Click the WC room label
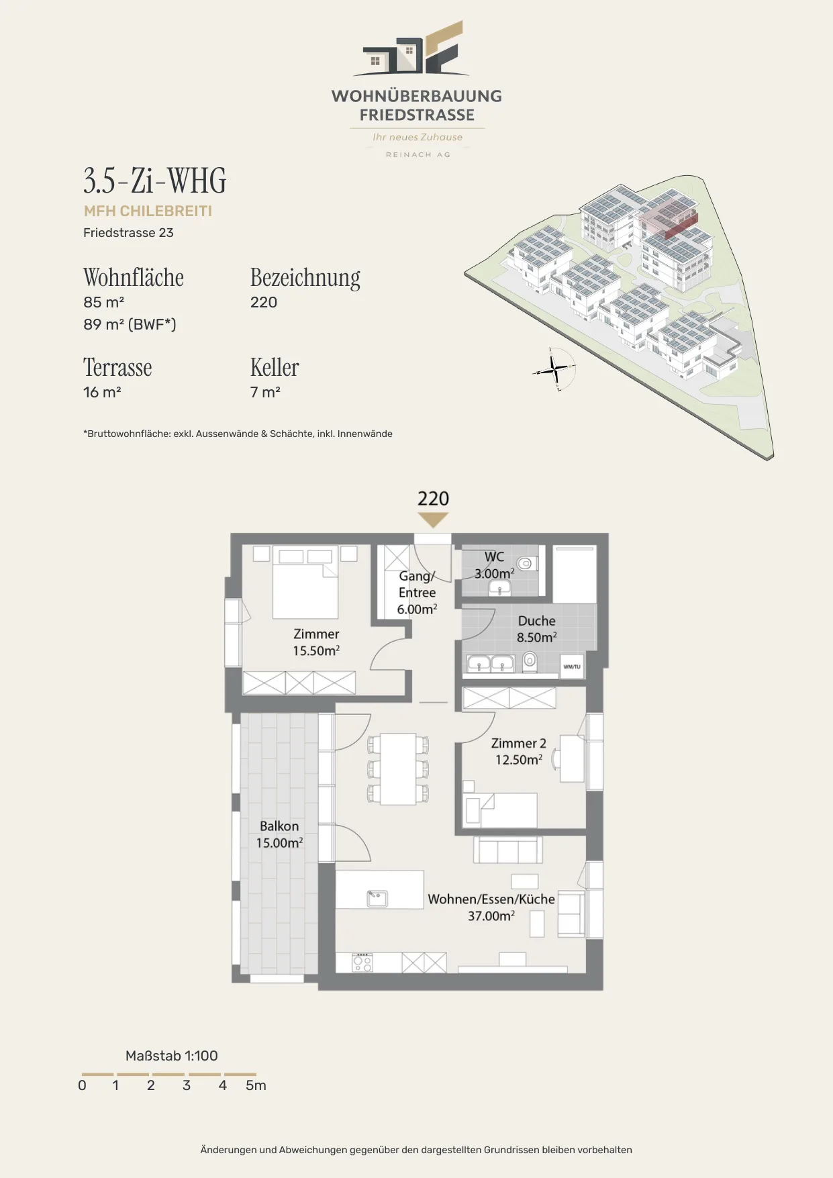click(x=495, y=565)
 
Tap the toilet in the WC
click(x=525, y=563)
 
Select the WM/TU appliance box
click(x=572, y=667)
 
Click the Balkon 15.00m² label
click(x=279, y=834)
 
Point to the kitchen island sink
click(x=377, y=898)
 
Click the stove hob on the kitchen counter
click(x=362, y=963)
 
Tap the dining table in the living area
click(x=399, y=769)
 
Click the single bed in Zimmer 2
click(x=501, y=810)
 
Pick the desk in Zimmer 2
click(x=572, y=758)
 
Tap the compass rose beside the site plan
click(x=555, y=369)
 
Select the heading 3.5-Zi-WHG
click(x=155, y=181)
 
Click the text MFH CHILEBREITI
click(x=148, y=211)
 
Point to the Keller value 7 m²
click(x=265, y=392)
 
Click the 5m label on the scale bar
click(x=256, y=1085)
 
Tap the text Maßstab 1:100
click(x=172, y=1056)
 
